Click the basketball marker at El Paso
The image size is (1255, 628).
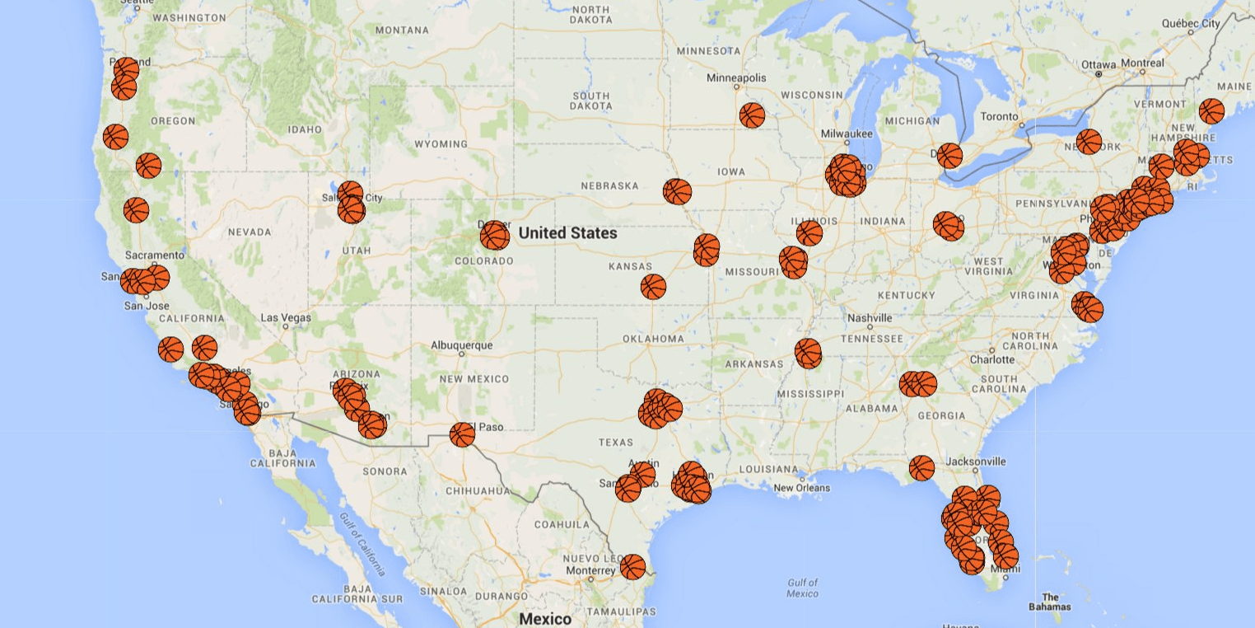point(462,434)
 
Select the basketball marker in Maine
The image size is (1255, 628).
point(1211,110)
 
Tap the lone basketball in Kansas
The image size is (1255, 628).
point(653,287)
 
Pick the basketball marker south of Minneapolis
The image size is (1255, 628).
point(752,115)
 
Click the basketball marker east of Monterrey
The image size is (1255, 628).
point(632,567)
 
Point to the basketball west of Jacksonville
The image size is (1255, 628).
point(921,468)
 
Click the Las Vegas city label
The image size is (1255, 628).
point(286,317)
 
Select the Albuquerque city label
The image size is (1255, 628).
point(462,345)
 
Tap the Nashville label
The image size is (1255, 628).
point(870,318)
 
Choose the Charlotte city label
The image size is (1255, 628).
point(992,359)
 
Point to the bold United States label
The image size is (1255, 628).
point(567,233)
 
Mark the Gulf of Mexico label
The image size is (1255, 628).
point(802,588)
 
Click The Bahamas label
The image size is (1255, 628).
point(1050,602)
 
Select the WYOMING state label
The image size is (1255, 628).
point(441,144)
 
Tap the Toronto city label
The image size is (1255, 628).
point(999,116)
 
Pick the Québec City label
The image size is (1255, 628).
point(1191,24)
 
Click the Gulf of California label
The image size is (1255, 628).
point(362,543)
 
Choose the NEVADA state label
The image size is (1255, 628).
point(250,232)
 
